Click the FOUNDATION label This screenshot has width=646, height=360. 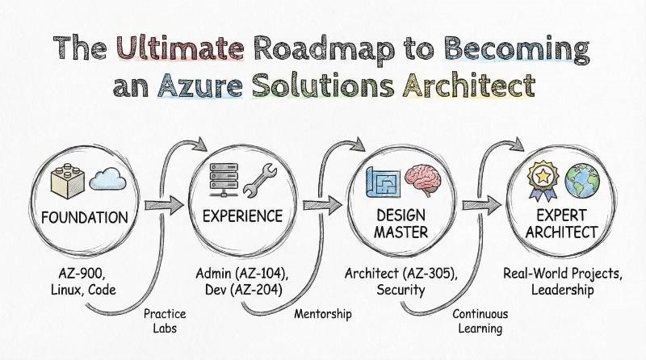click(x=84, y=217)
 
